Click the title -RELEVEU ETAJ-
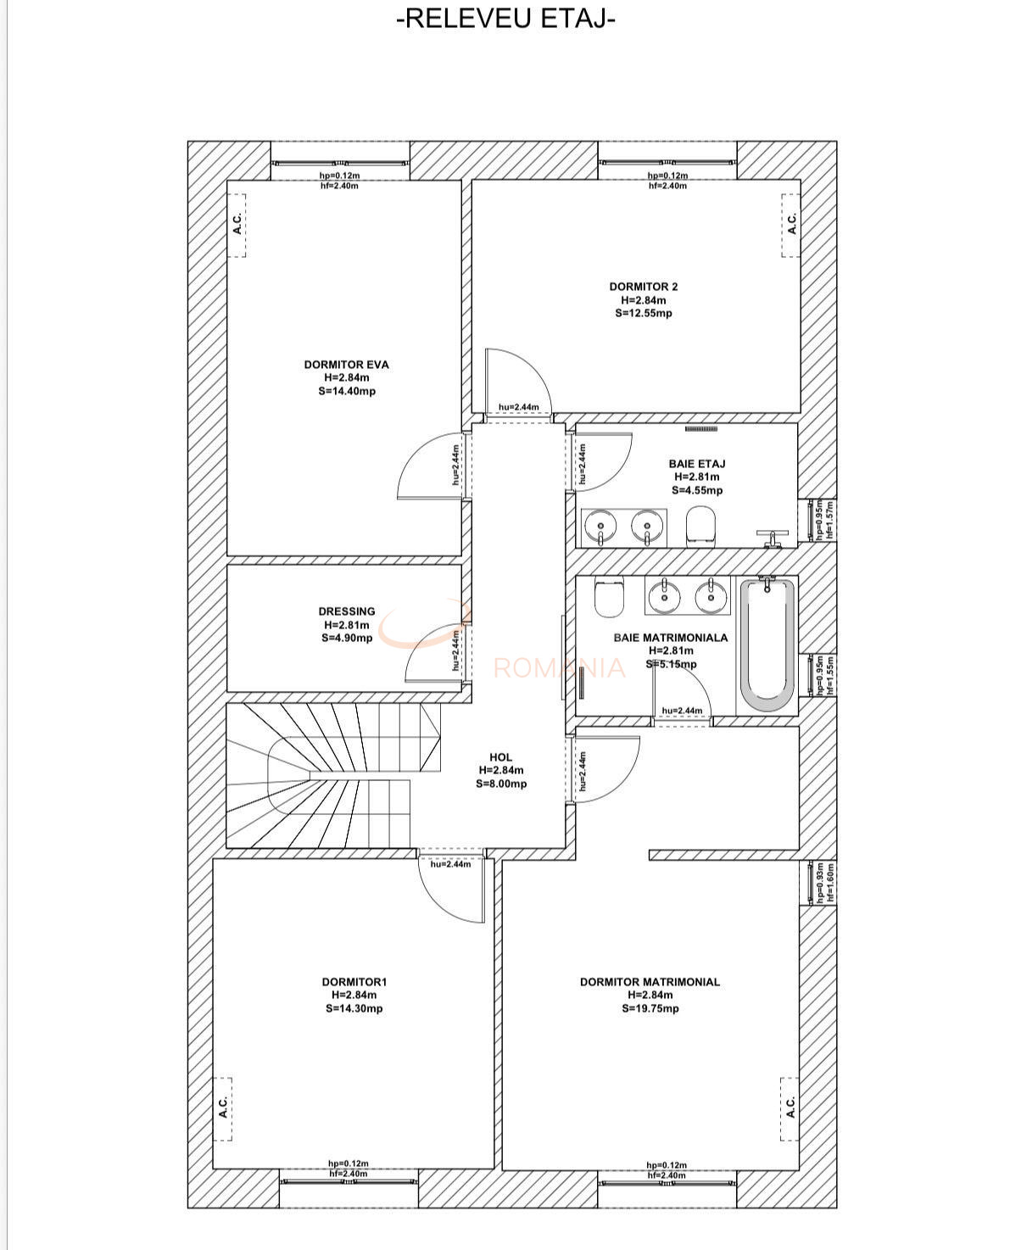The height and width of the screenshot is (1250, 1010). tap(505, 19)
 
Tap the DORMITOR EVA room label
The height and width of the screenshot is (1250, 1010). tap(346, 365)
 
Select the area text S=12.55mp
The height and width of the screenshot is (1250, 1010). tap(643, 313)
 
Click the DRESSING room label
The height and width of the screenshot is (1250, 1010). tap(346, 611)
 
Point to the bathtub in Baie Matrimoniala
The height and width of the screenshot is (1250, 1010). tap(767, 645)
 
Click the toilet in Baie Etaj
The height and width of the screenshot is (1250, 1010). tap(700, 526)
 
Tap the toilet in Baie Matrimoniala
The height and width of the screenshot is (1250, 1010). tap(610, 597)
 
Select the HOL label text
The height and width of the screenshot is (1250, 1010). tap(500, 757)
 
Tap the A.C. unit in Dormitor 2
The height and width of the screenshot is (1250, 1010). tap(790, 225)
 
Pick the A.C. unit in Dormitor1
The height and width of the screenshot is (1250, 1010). tap(222, 1108)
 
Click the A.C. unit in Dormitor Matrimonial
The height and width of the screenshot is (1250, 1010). tap(790, 1108)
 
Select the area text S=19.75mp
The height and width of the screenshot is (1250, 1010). tap(650, 1008)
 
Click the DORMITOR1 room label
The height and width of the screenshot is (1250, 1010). tap(354, 982)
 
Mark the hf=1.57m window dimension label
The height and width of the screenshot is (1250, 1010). tap(829, 519)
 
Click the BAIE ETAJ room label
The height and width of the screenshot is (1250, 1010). tap(696, 464)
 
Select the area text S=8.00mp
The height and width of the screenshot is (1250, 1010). tap(500, 784)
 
